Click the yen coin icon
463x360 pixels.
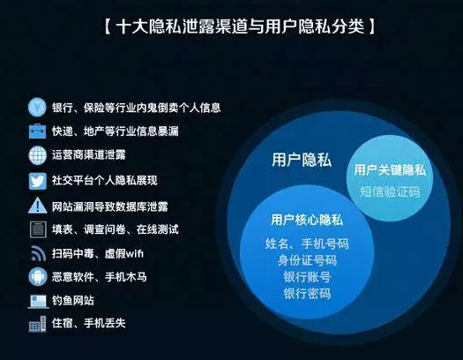pos(37,107)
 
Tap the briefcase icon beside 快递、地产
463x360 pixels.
pos(38,131)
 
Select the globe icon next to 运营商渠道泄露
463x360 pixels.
pos(38,155)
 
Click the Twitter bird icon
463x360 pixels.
pos(38,181)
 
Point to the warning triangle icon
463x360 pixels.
pos(38,206)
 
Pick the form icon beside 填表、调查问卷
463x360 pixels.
pos(38,229)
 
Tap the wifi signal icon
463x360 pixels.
pos(38,253)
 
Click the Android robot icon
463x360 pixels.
pos(38,277)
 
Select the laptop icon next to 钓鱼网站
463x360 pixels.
pos(38,301)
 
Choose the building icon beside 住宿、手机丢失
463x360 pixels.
pos(38,324)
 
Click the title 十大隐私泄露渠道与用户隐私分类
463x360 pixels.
pos(240,26)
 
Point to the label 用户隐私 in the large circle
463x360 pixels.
pos(302,160)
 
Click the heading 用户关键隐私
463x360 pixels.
pos(390,170)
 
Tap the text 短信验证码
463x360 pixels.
pos(390,192)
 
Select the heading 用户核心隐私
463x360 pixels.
pos(307,220)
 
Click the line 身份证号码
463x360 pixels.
pos(307,260)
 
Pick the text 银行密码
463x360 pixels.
pos(307,294)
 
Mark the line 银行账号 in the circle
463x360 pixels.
pos(307,277)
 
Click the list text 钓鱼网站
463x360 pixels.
pos(73,300)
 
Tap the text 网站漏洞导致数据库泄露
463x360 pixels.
pos(110,206)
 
